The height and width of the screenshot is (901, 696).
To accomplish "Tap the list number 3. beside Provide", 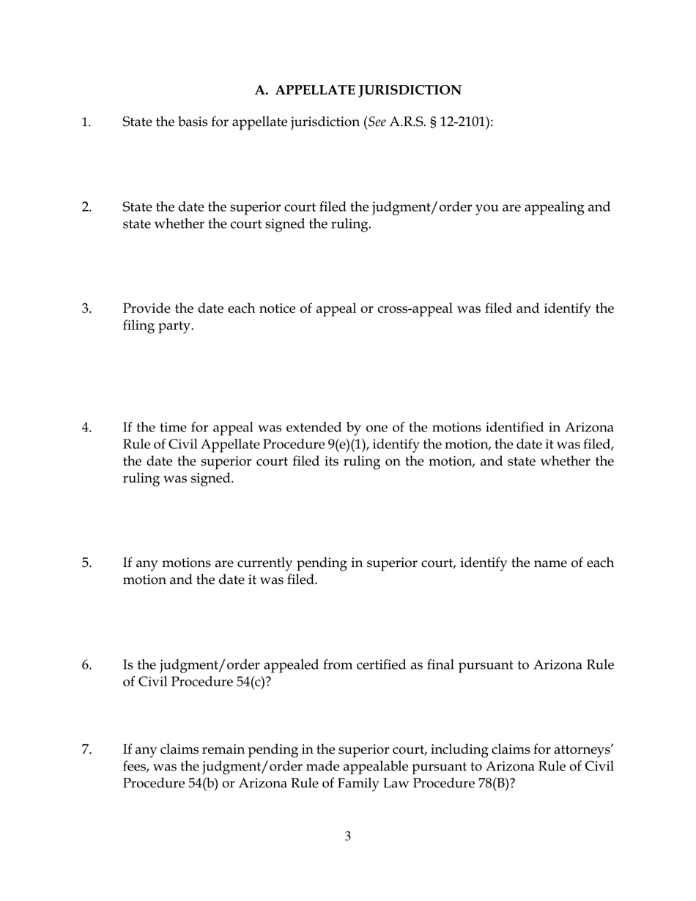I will pyautogui.click(x=86, y=308).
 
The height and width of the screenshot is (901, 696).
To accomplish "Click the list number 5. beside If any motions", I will pyautogui.click(x=86, y=563).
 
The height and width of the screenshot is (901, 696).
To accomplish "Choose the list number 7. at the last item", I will pyautogui.click(x=86, y=749).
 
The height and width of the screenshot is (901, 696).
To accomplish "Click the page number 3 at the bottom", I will pyautogui.click(x=348, y=836).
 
